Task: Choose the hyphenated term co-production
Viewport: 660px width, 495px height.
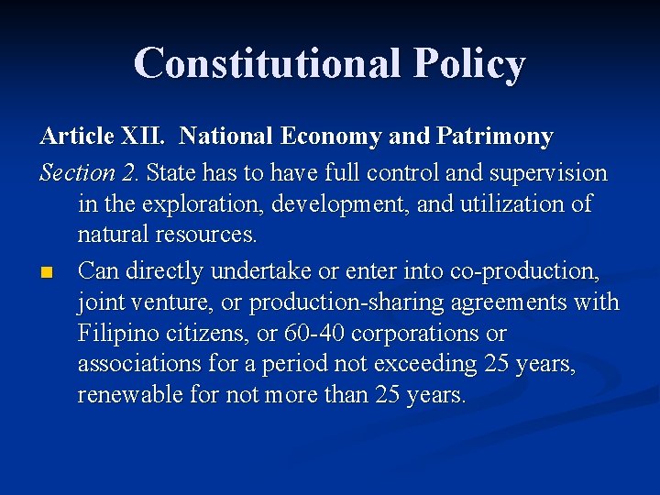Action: tap(519, 271)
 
